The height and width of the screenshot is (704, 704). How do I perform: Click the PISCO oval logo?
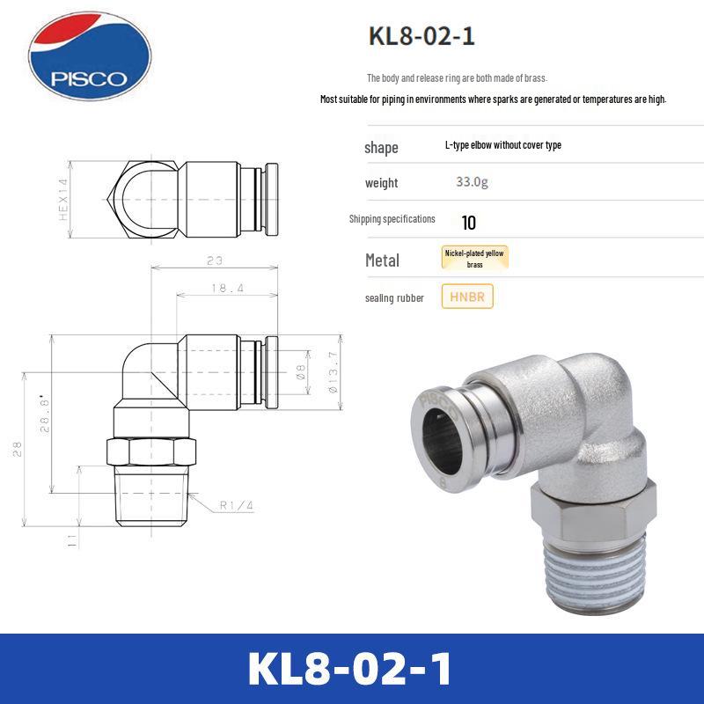click(89, 56)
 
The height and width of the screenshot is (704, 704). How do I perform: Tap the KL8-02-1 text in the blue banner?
click(351, 669)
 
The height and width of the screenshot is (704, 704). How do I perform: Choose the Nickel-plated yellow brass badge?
click(474, 258)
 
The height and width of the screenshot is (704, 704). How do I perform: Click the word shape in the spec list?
click(381, 147)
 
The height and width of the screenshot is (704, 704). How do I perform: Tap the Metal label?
click(382, 260)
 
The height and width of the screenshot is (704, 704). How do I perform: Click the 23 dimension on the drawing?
click(215, 260)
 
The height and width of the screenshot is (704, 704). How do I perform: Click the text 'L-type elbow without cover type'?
click(502, 145)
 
